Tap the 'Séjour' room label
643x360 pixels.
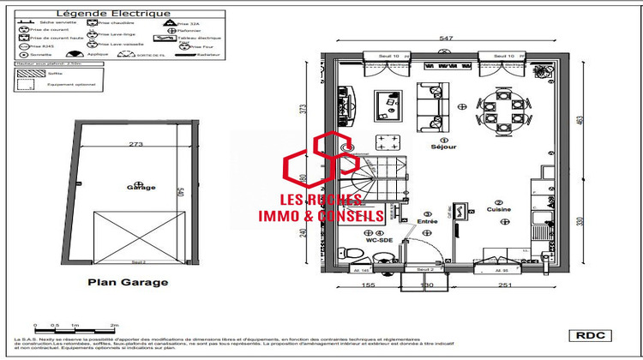[x=443, y=146]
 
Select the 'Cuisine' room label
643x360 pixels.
[x=498, y=208]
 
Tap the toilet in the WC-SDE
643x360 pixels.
[x=351, y=252]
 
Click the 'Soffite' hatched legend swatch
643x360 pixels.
[x=26, y=75]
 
